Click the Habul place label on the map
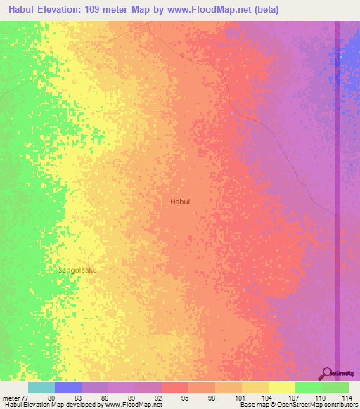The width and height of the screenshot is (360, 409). (180, 202)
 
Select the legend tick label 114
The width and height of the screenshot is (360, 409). (345, 398)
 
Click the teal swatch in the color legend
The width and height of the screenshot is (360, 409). (41, 387)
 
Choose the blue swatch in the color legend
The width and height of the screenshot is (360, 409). (68, 387)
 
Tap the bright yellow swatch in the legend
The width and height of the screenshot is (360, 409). (281, 387)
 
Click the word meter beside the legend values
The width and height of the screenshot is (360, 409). (11, 398)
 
